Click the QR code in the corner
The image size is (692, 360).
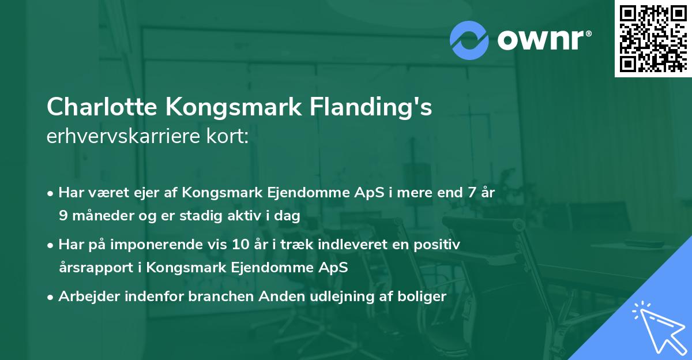point(653,38)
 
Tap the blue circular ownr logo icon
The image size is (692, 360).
point(469,40)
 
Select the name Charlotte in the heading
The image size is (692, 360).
point(102,107)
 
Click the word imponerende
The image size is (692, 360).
point(183,245)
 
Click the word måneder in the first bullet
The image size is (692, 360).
point(100,216)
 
